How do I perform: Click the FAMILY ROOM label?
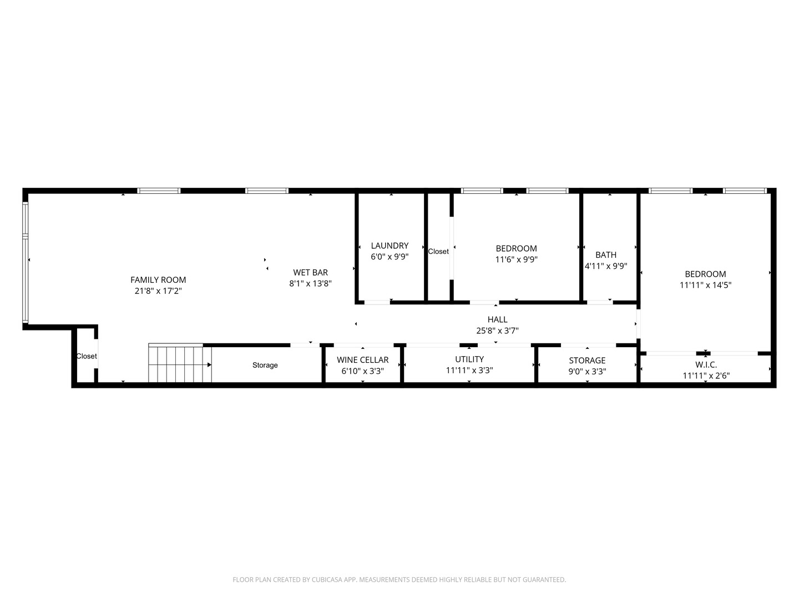(158, 280)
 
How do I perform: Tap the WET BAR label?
(310, 272)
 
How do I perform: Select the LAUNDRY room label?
(390, 246)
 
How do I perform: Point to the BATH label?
(606, 255)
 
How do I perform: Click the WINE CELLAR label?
(362, 360)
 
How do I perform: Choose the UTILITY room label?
(469, 359)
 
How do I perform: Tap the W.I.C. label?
(706, 365)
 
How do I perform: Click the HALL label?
(497, 319)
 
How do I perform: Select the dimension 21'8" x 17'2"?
(158, 291)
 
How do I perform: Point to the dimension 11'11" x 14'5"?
(705, 285)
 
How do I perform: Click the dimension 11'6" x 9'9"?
(516, 259)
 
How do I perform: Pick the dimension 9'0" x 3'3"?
(587, 371)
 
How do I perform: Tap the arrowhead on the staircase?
(209, 365)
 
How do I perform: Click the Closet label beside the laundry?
(438, 252)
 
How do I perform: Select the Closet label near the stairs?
(87, 356)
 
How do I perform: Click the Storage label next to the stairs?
(265, 365)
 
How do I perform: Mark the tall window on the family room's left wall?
(25, 263)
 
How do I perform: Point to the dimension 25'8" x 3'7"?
(497, 331)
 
